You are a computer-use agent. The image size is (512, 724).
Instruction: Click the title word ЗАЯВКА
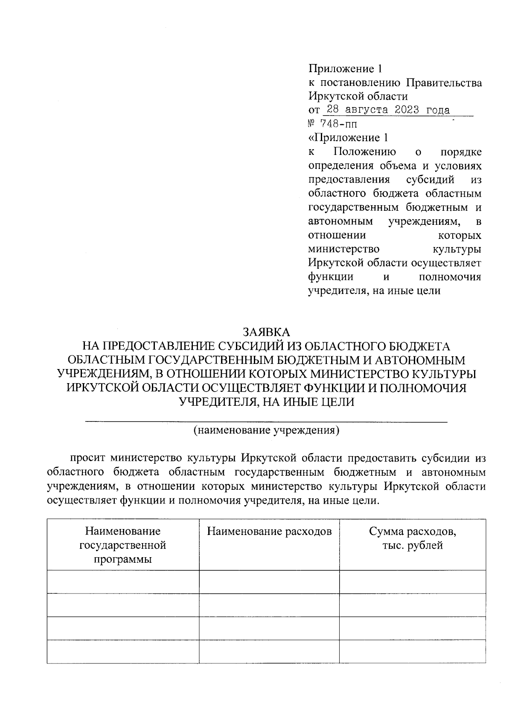tap(266, 331)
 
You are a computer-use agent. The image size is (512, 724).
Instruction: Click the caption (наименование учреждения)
tap(266, 430)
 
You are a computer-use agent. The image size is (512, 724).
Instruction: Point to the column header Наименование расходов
tap(269, 532)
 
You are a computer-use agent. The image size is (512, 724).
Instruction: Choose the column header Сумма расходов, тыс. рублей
tap(412, 538)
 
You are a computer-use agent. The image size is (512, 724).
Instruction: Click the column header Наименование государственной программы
tap(123, 545)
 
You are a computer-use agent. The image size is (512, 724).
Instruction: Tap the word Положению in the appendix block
tap(365, 152)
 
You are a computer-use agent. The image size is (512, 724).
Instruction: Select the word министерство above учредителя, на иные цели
tap(344, 249)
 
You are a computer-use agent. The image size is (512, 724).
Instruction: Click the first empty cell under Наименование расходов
tap(269, 582)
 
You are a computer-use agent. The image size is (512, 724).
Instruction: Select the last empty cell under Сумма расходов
tap(412, 651)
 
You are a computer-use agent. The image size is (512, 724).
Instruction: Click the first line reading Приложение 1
tap(344, 68)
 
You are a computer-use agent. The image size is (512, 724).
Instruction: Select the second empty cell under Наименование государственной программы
tap(123, 605)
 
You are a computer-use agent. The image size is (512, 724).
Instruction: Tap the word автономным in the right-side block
tap(340, 221)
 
